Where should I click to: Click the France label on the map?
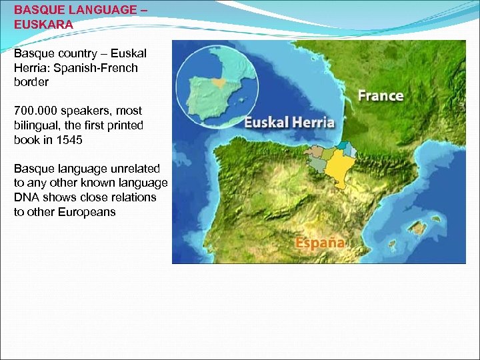[x=381, y=95]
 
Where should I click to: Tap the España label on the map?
[x=320, y=242]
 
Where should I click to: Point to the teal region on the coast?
[x=342, y=145]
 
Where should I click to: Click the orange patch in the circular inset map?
[x=217, y=83]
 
